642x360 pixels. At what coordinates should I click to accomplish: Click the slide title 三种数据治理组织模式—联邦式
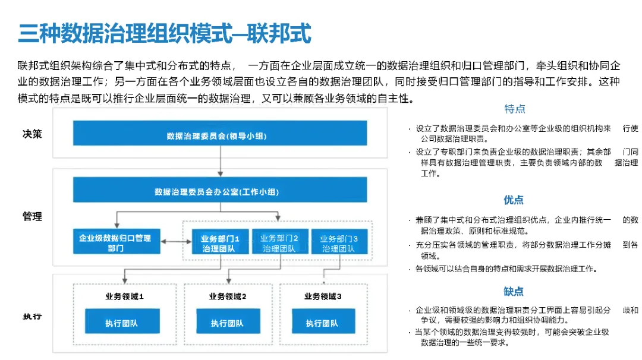(x=165, y=34)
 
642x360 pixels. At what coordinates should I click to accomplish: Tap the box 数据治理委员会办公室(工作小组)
(x=219, y=191)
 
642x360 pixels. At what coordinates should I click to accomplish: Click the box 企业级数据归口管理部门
(x=115, y=243)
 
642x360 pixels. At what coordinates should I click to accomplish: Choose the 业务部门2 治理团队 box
(x=279, y=243)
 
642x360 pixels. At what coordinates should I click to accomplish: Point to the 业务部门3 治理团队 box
(x=338, y=243)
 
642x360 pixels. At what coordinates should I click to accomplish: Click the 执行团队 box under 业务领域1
(x=122, y=323)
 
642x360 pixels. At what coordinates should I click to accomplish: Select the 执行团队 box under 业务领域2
(x=227, y=323)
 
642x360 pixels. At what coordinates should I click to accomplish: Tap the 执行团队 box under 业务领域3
(x=322, y=323)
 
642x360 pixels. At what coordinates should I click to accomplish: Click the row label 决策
(x=32, y=134)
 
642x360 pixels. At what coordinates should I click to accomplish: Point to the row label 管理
(x=32, y=216)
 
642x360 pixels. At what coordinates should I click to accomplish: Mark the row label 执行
(x=32, y=316)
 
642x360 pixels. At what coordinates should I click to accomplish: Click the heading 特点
(x=514, y=109)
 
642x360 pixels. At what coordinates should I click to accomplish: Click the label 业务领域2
(x=227, y=296)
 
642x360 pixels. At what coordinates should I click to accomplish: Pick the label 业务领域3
(x=322, y=296)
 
